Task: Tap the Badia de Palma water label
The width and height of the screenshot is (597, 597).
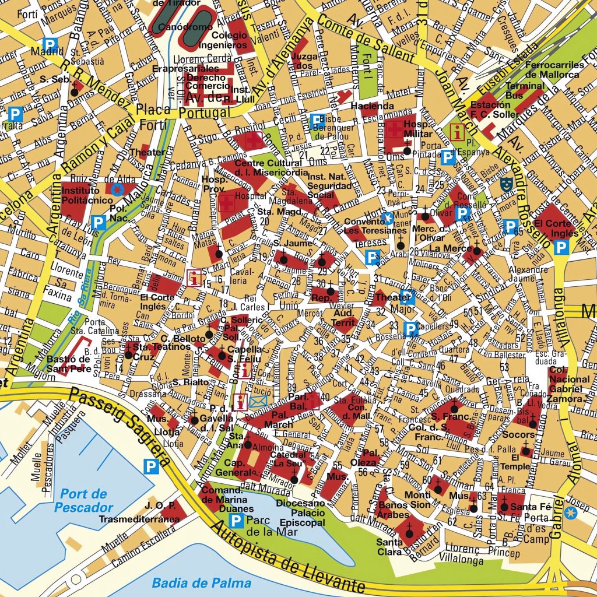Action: point(201,582)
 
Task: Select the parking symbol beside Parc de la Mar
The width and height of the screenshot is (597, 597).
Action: point(236,521)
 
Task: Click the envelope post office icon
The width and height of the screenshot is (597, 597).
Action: point(258,401)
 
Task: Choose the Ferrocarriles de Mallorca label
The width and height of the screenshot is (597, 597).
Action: point(552,70)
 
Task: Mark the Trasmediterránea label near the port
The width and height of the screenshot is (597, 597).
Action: point(139,518)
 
